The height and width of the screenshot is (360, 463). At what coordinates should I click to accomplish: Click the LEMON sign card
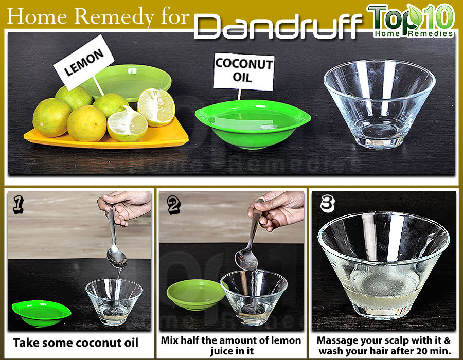tap(83, 62)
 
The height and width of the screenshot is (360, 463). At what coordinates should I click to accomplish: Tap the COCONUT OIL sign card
tap(244, 71)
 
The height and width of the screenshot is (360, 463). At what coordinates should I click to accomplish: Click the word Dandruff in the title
tap(278, 27)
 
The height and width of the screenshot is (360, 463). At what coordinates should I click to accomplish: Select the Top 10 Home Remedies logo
tap(411, 21)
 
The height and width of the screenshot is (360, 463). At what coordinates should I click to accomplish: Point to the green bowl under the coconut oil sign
tap(253, 124)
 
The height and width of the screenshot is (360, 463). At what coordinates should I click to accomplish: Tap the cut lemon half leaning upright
tap(156, 107)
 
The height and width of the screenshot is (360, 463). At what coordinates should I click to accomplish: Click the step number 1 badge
tap(19, 205)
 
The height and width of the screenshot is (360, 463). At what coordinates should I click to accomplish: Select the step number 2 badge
tap(174, 205)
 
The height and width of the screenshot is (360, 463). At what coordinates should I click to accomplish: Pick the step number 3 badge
tap(328, 204)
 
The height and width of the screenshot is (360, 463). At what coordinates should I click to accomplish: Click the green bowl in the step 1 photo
tap(41, 313)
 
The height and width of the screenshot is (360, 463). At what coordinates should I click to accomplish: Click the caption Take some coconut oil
tap(76, 343)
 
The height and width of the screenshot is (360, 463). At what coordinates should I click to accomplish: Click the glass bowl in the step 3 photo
tap(384, 265)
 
